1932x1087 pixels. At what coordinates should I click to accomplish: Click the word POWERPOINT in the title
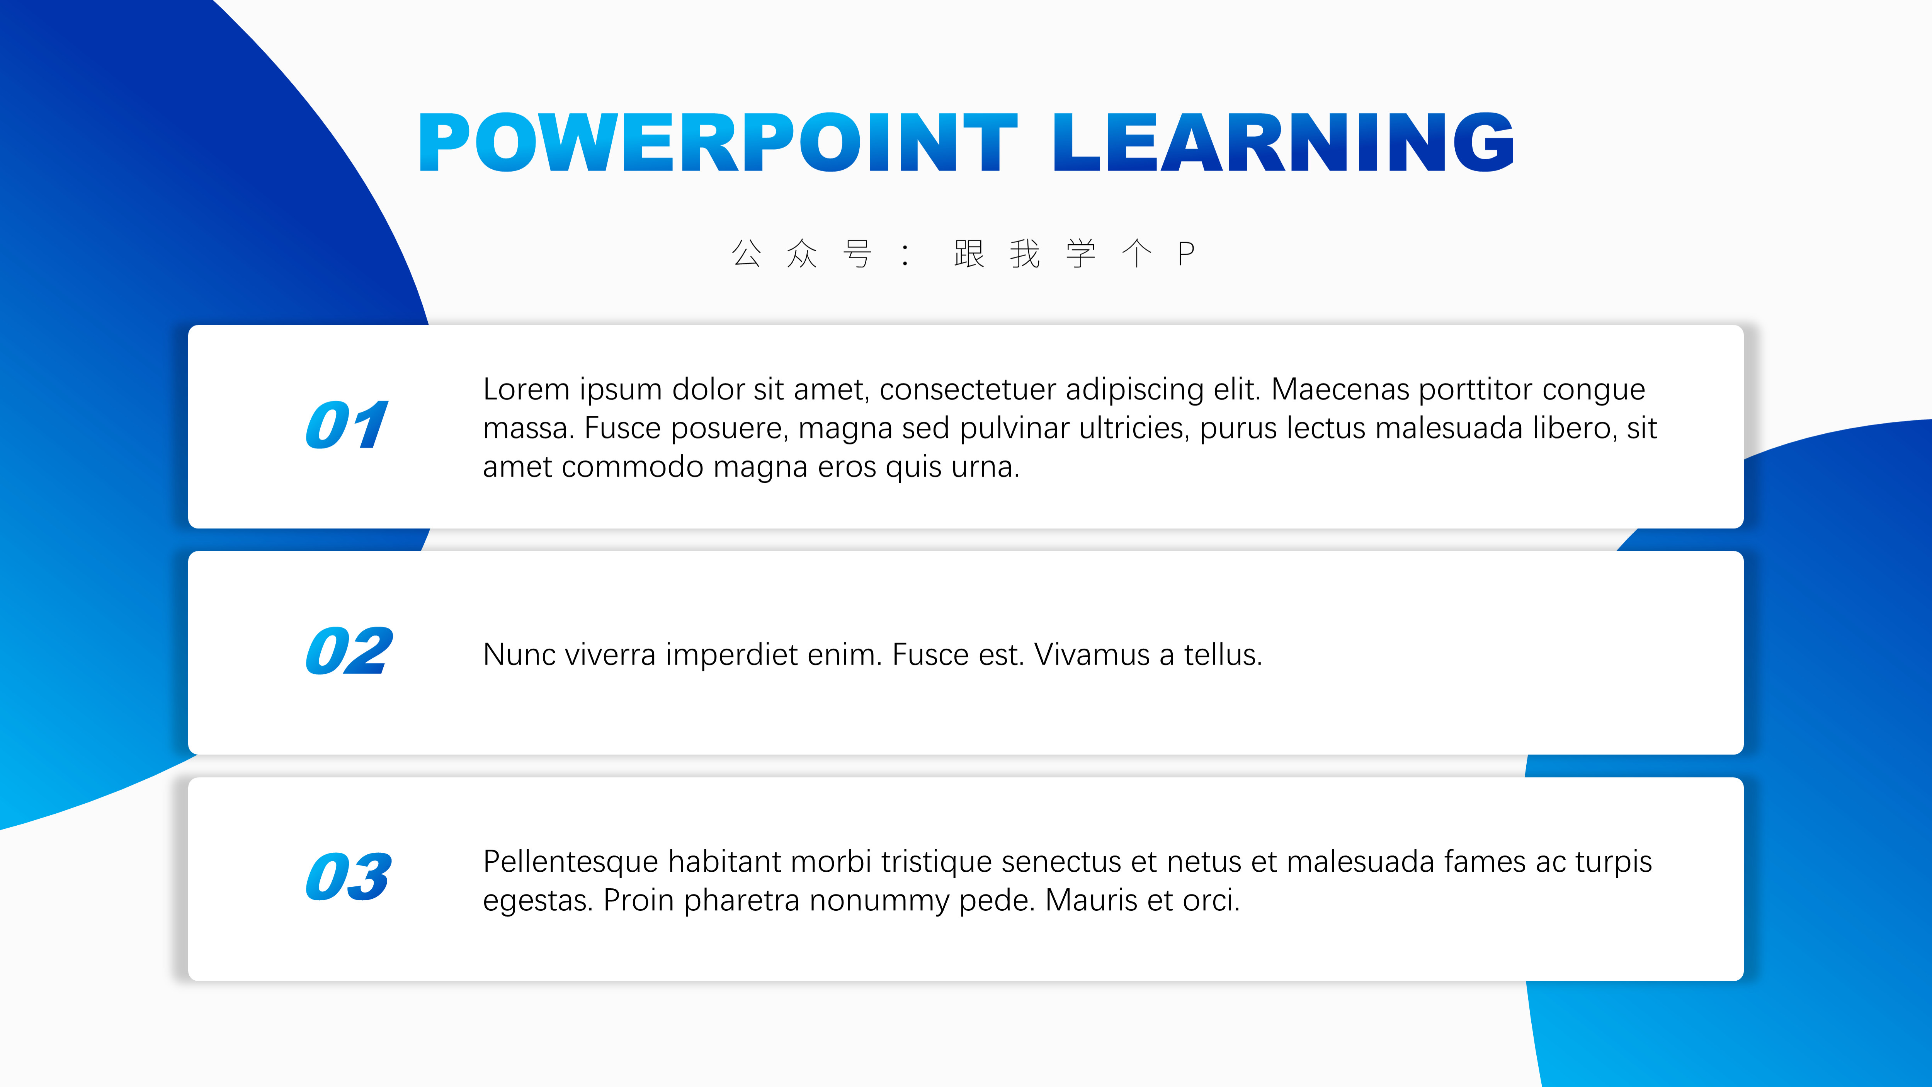718,142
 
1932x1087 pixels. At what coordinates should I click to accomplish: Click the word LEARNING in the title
1283,142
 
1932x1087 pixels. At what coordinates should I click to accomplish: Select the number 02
349,651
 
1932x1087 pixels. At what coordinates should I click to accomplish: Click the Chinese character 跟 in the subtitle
969,254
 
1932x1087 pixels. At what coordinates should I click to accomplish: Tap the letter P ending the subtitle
1186,254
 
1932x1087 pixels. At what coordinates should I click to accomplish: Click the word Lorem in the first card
527,389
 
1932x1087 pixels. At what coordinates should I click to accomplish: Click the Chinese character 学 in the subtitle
1081,254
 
